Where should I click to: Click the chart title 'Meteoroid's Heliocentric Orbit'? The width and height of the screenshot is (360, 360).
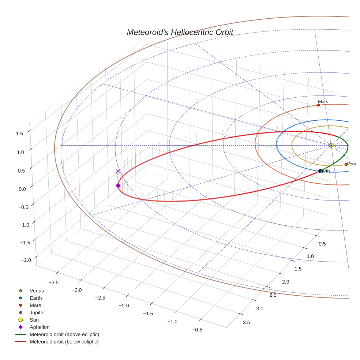(180, 32)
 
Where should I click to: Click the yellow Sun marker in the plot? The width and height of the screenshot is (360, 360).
(331, 145)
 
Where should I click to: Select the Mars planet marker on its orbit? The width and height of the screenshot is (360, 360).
(318, 105)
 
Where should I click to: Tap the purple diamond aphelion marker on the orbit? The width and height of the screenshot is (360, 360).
(118, 185)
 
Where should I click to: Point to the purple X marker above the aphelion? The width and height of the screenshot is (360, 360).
(117, 171)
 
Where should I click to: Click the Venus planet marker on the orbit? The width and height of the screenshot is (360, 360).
(346, 164)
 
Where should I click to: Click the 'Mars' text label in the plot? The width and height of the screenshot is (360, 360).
(323, 101)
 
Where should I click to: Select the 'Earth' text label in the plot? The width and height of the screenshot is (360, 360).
(325, 171)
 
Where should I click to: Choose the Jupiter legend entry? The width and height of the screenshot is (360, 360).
(37, 312)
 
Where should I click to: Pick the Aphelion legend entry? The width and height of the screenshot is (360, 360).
(40, 327)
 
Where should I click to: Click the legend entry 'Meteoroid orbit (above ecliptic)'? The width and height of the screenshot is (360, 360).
(64, 334)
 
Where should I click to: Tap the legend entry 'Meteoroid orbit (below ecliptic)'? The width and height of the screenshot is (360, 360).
(64, 342)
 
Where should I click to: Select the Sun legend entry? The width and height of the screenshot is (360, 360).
(34, 320)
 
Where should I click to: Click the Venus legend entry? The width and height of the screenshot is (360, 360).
(37, 290)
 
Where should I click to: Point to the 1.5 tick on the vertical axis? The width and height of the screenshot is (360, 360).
(19, 134)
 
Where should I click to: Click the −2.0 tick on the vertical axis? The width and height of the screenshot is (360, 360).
(26, 260)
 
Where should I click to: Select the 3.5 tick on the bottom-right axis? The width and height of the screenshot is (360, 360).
(247, 322)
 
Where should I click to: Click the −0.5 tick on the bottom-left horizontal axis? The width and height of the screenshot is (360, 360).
(197, 330)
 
